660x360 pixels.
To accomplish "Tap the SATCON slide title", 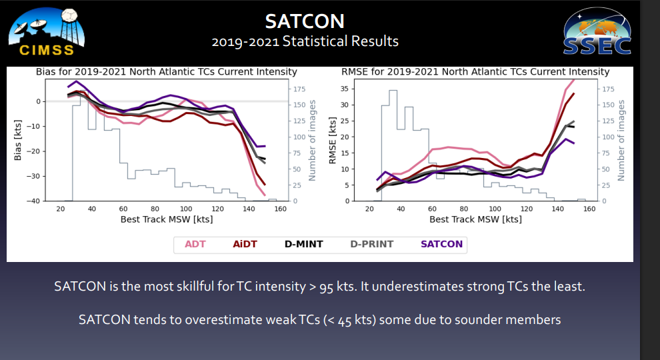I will pyautogui.click(x=305, y=21).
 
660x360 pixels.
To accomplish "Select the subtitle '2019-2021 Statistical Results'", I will pyautogui.click(x=305, y=41).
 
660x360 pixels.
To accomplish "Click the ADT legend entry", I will pyautogui.click(x=195, y=244).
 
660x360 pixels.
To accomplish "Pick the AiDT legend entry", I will pyautogui.click(x=245, y=244).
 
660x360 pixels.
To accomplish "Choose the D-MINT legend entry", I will pyautogui.click(x=303, y=244).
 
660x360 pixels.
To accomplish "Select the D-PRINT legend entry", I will pyautogui.click(x=372, y=244).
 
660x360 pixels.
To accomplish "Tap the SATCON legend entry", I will pyautogui.click(x=441, y=244).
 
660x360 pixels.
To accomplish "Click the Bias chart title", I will pyautogui.click(x=166, y=71).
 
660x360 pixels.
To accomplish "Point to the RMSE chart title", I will pyautogui.click(x=475, y=71).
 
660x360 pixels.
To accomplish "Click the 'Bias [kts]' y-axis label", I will pyautogui.click(x=18, y=140).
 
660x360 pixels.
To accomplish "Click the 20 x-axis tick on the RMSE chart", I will pyautogui.click(x=369, y=209).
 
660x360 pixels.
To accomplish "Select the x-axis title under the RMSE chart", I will pyautogui.click(x=475, y=219).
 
